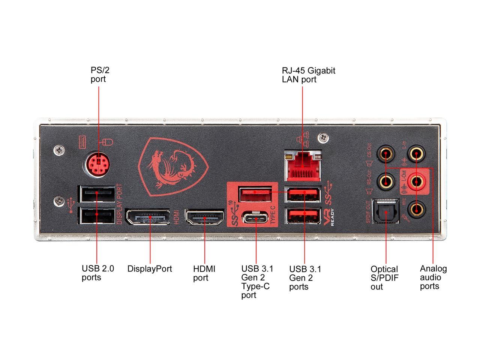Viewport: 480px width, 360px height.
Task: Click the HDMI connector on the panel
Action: tap(204, 217)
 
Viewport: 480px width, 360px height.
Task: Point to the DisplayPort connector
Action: tap(147, 217)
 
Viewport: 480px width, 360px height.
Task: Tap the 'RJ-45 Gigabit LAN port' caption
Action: tap(309, 75)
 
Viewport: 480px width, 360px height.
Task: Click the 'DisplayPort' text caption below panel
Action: tap(150, 269)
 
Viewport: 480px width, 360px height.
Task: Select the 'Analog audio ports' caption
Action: tap(433, 277)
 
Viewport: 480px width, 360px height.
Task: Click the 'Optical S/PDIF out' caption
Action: tap(384, 278)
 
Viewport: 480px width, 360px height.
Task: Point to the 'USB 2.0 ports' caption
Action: tap(97, 273)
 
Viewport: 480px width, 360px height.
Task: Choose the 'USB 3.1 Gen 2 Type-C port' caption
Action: tap(257, 282)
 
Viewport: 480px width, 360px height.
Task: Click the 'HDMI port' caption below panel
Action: tap(204, 273)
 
